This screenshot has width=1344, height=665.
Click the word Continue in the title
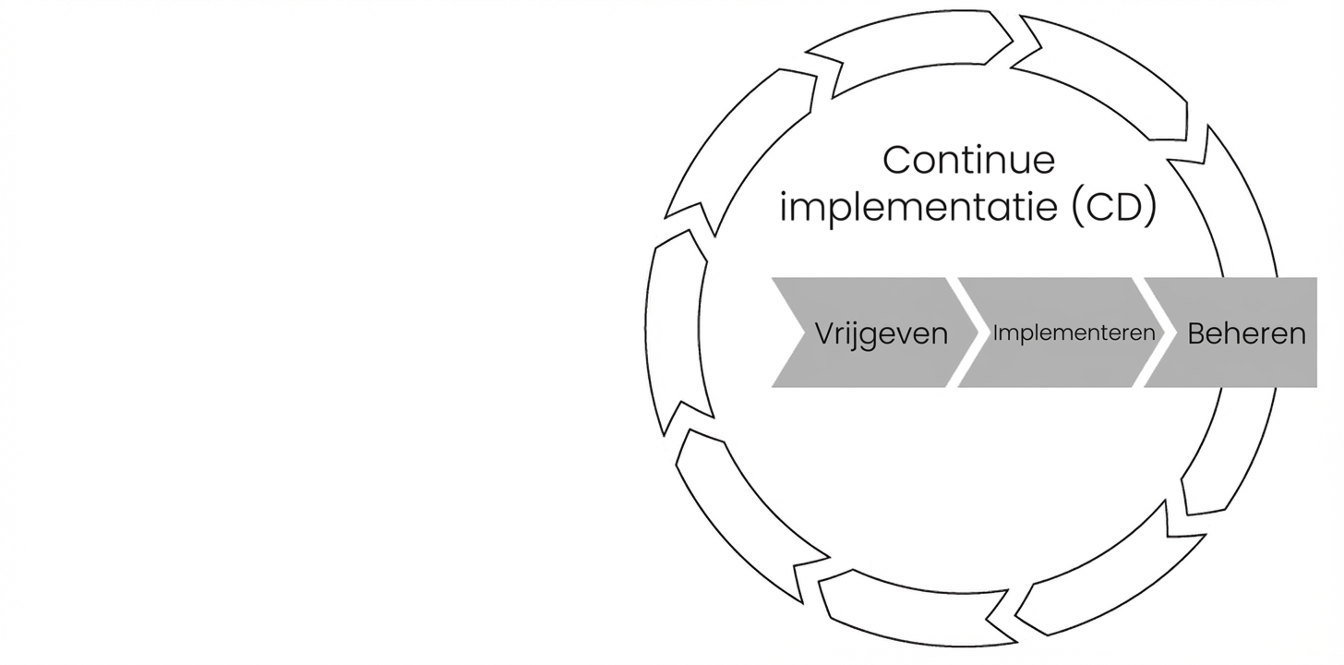(x=968, y=160)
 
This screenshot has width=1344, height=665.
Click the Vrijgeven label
(x=882, y=333)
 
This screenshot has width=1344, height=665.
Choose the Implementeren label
(x=1074, y=332)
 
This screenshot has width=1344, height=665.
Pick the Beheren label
(x=1246, y=332)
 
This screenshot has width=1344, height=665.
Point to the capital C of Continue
(x=897, y=160)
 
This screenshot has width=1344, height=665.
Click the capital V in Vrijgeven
(x=825, y=333)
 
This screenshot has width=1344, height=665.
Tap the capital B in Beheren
(x=1197, y=332)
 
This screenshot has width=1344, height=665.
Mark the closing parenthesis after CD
(x=1149, y=207)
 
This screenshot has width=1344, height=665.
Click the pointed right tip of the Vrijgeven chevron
(x=976, y=332)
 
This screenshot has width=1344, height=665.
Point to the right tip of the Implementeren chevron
(x=1161, y=332)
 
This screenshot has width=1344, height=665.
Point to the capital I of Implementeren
(x=996, y=332)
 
